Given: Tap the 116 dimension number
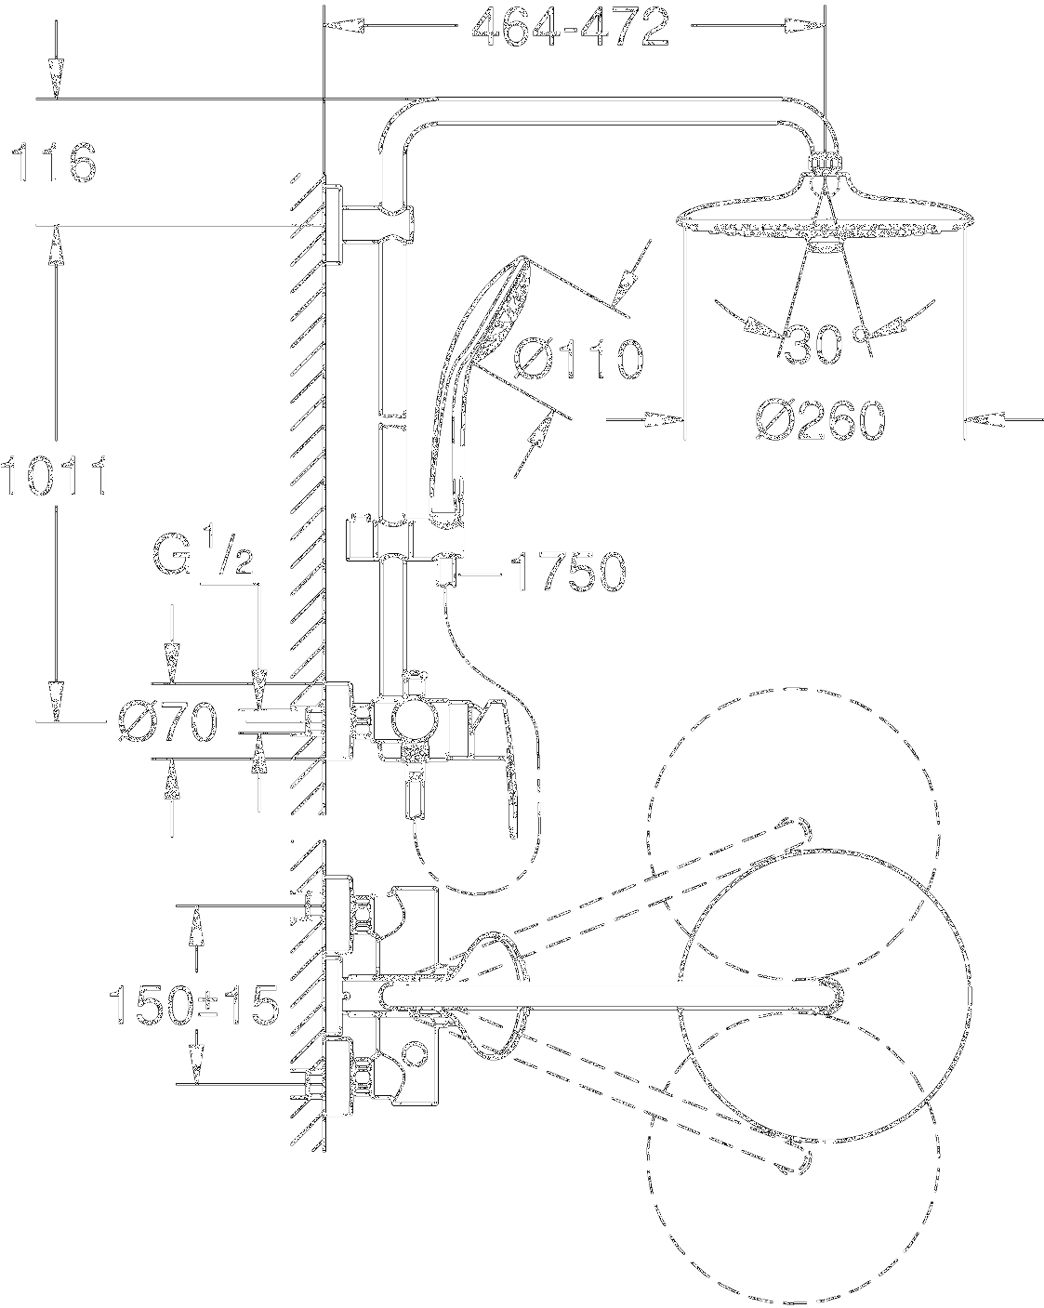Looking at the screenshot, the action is (x=55, y=163).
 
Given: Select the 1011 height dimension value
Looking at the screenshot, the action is (x=54, y=475).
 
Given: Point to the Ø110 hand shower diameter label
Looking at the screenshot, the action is (x=578, y=359).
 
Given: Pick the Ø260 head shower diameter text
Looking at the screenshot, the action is (x=821, y=420).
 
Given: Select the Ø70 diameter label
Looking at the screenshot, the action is (x=168, y=721).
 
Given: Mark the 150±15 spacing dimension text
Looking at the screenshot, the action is (x=194, y=1006).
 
